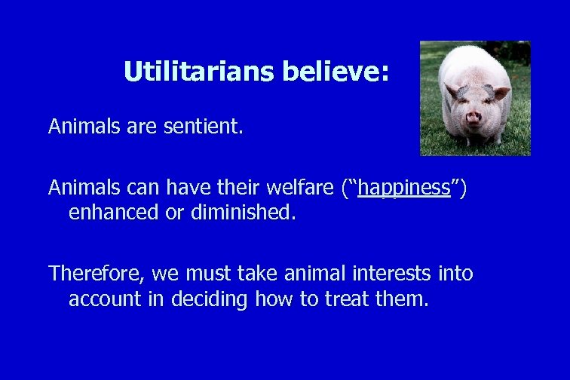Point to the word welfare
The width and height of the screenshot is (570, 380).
[x=296, y=188]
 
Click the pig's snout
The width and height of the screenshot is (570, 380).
[x=473, y=117]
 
